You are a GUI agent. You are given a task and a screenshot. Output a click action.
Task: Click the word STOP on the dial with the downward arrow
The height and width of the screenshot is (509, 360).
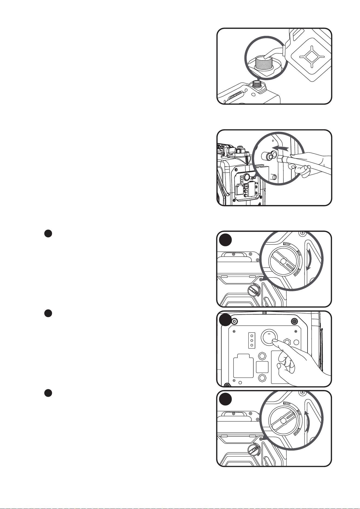click(287, 244)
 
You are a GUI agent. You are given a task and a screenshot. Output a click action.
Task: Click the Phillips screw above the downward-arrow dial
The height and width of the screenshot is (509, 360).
click(302, 233)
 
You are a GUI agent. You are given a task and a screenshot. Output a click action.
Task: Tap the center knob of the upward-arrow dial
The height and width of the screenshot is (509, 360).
click(283, 420)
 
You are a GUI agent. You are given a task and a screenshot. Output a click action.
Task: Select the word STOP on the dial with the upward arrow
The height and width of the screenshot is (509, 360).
click(287, 403)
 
